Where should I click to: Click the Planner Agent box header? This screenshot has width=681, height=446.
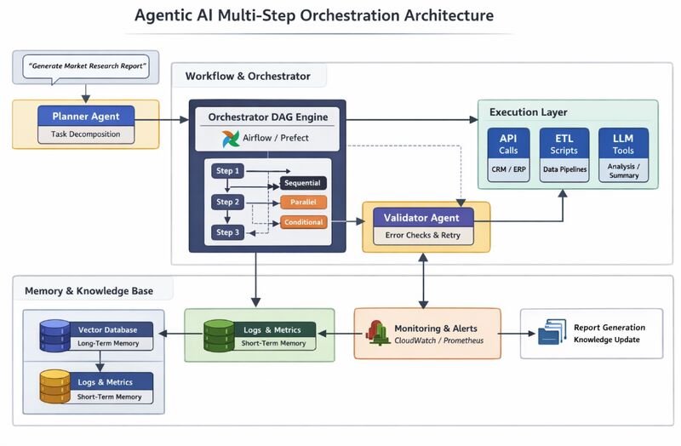coord(86,116)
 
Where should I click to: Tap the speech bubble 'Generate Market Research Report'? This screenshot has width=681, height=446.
coord(86,66)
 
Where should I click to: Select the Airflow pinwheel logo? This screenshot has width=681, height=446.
coord(231,139)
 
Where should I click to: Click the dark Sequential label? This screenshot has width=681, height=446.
coord(303,184)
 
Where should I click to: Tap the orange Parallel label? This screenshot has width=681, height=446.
coord(303,203)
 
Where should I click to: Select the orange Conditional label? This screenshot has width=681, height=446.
coord(303,222)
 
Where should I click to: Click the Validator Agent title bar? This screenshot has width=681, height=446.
coord(426,218)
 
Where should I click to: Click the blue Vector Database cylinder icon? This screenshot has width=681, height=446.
coord(54,336)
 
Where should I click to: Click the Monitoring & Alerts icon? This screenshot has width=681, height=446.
coord(377,334)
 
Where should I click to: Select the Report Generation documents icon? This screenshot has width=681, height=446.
coord(552,333)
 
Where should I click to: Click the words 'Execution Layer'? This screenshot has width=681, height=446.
coord(528,112)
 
